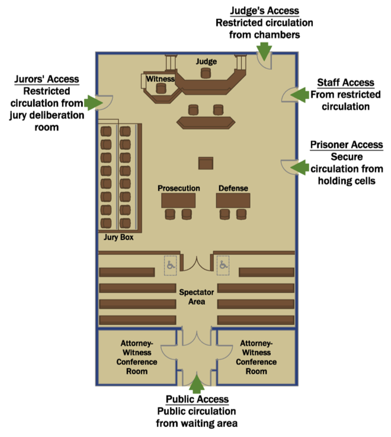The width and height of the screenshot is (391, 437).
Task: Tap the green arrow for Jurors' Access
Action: (92, 103)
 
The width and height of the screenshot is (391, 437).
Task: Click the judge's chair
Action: (206, 73)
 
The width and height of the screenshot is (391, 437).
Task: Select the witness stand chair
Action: (160, 88)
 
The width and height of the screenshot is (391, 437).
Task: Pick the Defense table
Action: (233, 200)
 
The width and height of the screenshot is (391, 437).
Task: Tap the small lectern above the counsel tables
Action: (206, 163)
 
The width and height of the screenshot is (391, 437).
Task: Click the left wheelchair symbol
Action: (171, 265)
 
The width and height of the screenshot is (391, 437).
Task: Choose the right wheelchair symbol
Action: (223, 265)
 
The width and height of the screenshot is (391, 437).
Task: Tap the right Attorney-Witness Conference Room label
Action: (257, 358)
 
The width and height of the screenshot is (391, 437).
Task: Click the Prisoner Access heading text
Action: (347, 145)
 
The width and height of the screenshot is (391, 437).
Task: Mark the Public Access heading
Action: (196, 400)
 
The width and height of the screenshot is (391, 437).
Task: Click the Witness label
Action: (161, 78)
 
